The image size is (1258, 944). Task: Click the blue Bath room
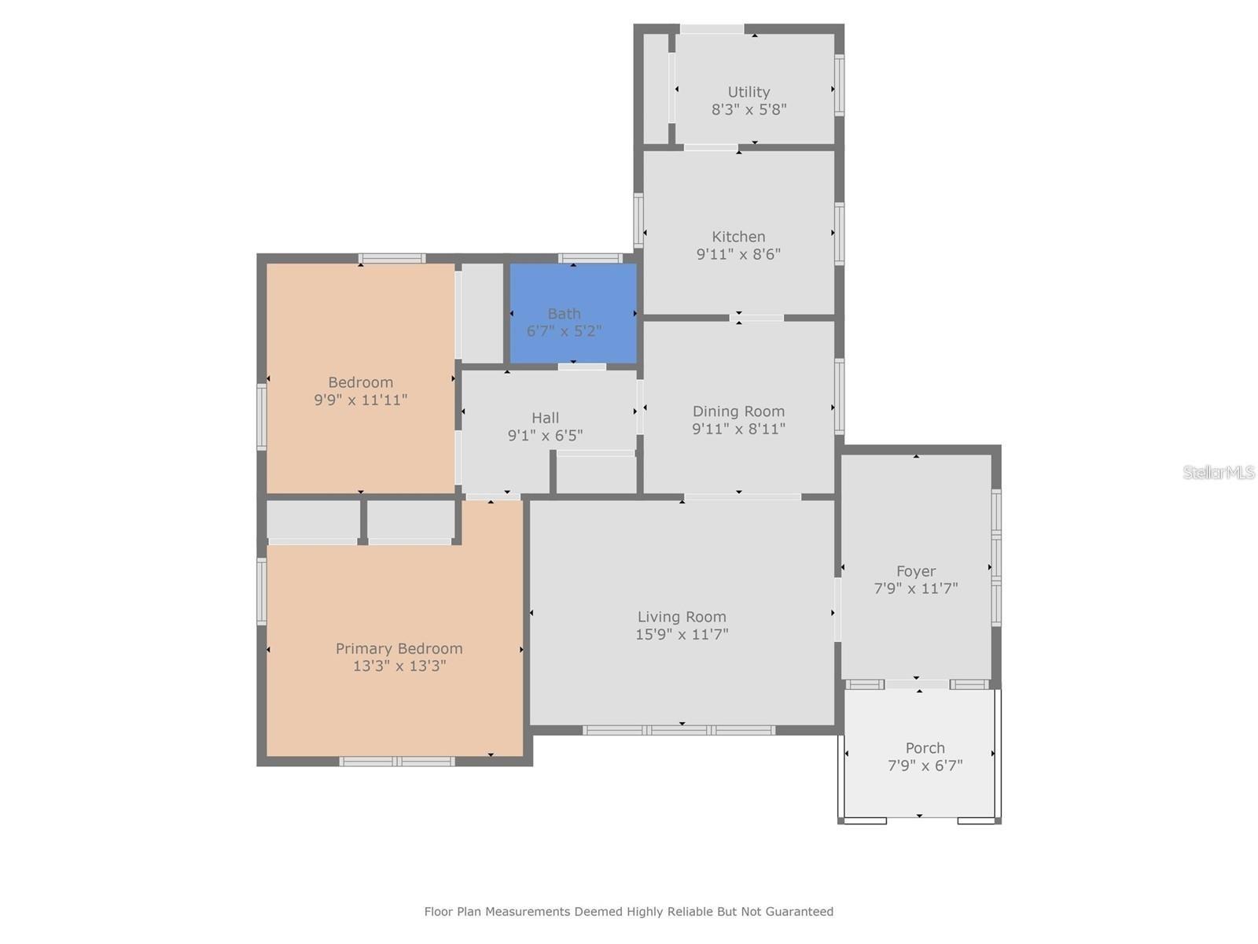point(573,313)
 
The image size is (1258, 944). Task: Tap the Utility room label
point(749,92)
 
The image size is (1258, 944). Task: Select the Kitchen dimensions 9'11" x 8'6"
point(738,254)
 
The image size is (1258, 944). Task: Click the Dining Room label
point(738,411)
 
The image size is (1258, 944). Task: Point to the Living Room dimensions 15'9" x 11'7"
point(682,634)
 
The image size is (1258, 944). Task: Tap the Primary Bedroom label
point(399,648)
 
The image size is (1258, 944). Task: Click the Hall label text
point(545,418)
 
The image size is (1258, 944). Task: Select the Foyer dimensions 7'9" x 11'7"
point(916,588)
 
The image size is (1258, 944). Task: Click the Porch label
point(925,748)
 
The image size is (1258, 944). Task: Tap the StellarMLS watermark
point(1219,472)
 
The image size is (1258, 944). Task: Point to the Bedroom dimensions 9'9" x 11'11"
point(360,400)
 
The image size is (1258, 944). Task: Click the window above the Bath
point(590,258)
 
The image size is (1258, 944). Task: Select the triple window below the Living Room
point(679,730)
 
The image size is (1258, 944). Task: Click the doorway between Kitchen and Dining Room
point(756,318)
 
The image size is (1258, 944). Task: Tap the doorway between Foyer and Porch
point(917,684)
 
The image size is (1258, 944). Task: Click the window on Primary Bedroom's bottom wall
point(397,761)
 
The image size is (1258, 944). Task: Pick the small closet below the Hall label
point(596,475)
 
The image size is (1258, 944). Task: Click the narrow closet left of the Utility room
point(656,89)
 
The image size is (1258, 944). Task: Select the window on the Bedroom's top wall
point(392,258)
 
